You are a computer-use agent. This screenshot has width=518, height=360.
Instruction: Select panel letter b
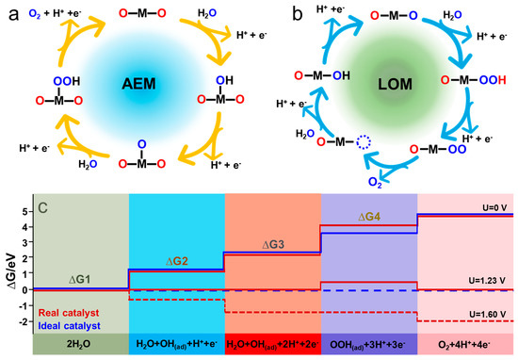coord(272,12)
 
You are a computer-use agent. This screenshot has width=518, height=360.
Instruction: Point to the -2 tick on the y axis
coord(22,320)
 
